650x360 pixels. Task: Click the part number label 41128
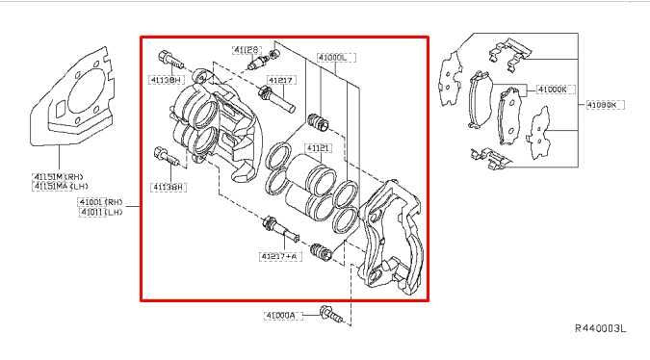coord(246,49)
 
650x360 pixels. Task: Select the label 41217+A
coord(278,256)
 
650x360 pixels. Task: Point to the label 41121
coord(319,148)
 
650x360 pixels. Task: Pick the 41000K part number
coord(555,90)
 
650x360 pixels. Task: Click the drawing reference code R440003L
coord(601,329)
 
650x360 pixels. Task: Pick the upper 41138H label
coord(166,80)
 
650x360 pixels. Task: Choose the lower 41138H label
coord(168,186)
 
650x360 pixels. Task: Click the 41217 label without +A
coord(282,80)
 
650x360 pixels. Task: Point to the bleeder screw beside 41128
coord(258,64)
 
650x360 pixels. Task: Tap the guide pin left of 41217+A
coord(274,228)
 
